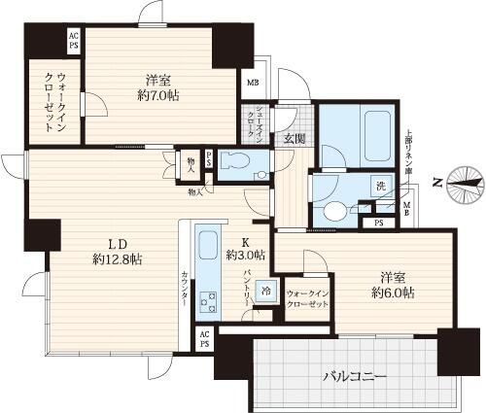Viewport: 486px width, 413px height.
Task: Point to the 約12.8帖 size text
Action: point(118,259)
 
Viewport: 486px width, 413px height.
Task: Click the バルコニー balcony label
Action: point(355,375)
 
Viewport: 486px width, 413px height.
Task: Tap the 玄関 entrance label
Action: point(295,139)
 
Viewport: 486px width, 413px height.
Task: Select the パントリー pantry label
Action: point(249,288)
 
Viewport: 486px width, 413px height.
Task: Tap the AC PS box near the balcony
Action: point(205,337)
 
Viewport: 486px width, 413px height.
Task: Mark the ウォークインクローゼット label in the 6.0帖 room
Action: point(306,298)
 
